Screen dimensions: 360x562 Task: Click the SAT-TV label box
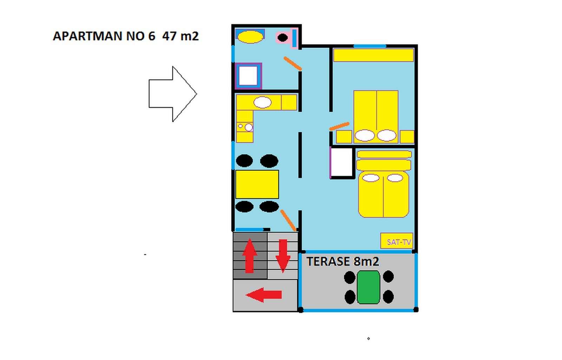tap(397, 241)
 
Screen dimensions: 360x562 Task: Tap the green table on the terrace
tap(368, 287)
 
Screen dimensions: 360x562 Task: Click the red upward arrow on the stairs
tap(249, 255)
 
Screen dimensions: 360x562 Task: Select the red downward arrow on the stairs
tap(283, 255)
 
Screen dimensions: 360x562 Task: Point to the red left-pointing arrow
tap(264, 295)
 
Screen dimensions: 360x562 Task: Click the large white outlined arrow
tap(172, 94)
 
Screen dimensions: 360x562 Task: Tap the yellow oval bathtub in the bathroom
tap(250, 37)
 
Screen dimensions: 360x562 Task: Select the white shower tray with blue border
tap(248, 76)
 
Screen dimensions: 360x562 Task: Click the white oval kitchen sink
tap(262, 103)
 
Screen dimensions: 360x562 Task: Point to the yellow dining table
tap(257, 184)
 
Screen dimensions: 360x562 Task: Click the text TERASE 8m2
tap(342, 262)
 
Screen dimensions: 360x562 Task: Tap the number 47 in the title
tap(169, 36)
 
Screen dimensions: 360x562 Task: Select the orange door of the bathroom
tap(293, 63)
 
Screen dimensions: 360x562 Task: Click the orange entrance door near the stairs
tap(288, 220)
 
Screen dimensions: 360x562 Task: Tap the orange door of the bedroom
tap(340, 126)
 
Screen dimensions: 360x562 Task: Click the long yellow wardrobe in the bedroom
tap(373, 55)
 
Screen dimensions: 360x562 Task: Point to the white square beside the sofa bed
tap(342, 162)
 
